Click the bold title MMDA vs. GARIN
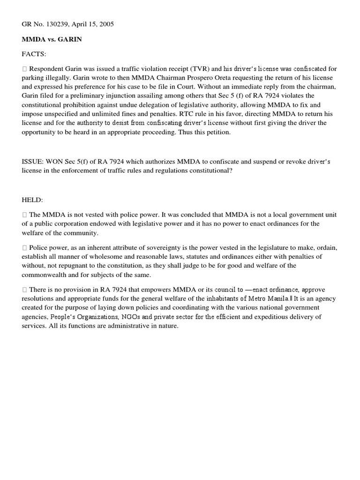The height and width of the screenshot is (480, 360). click(52, 39)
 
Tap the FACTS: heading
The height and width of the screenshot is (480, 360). click(35, 54)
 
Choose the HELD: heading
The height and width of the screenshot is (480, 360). click(32, 200)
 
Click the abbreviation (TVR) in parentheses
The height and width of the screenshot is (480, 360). click(193, 69)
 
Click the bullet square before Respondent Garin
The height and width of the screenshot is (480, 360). click(24, 69)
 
